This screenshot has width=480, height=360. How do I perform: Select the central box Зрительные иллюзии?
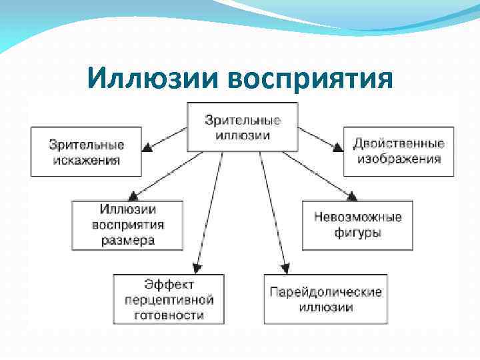(x=242, y=126)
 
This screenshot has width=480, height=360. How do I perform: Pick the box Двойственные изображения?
(x=399, y=151)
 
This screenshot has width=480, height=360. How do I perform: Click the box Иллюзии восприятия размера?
(x=128, y=224)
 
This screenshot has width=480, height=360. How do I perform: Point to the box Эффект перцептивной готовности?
(x=169, y=299)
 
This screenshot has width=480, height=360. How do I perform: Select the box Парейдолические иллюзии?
(x=325, y=299)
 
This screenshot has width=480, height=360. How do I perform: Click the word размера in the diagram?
(x=128, y=240)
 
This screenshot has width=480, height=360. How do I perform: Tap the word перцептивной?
(x=169, y=299)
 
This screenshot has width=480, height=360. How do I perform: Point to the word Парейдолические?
(x=325, y=291)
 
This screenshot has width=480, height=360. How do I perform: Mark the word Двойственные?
(x=399, y=143)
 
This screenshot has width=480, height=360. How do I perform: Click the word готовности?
(x=169, y=315)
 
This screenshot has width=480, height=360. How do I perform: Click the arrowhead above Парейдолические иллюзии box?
(x=285, y=267)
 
